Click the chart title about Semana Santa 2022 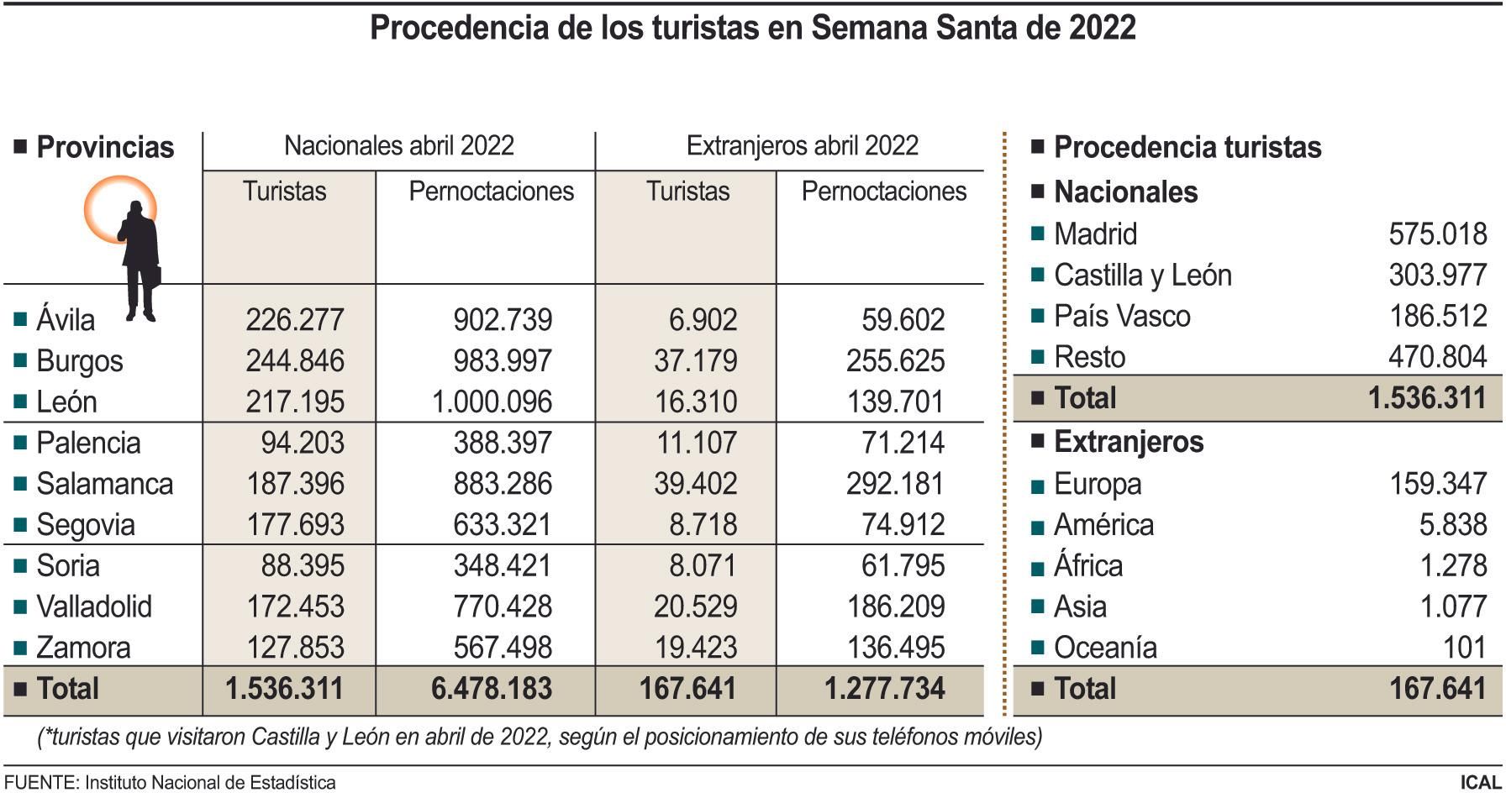point(752,28)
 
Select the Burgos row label point(79,361)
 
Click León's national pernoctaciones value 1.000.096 point(492,402)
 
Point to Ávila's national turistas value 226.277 point(294,320)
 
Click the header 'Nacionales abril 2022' point(398,146)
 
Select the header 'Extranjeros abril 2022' point(802,146)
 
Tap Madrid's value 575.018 point(1437,234)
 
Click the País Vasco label point(1121,317)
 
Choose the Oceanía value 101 point(1465,648)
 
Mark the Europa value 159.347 point(1437,485)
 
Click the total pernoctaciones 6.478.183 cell point(492,690)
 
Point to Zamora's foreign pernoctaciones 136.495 point(895,648)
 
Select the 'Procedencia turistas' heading point(1187,148)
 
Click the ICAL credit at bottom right point(1480,783)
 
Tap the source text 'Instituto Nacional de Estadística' point(210,783)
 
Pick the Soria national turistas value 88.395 point(302,566)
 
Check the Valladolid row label point(93,606)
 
